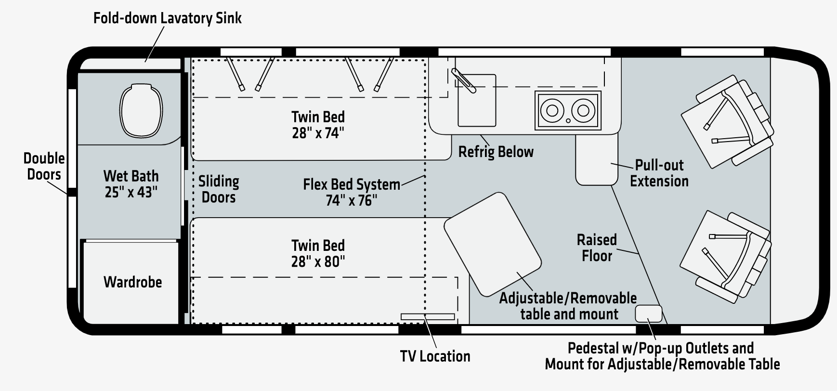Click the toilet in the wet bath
point(141,110)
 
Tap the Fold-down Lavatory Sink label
point(167,18)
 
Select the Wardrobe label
point(132,282)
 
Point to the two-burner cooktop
point(568,111)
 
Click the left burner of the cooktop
point(552,110)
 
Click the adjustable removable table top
point(492,244)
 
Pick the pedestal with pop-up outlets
point(649,313)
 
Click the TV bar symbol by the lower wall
point(428,316)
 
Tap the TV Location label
point(435,356)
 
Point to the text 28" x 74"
point(318,133)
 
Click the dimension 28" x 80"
point(318,261)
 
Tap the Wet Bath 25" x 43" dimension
point(131,192)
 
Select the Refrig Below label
point(496,152)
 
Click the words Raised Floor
point(597,248)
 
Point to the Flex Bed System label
point(351,184)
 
